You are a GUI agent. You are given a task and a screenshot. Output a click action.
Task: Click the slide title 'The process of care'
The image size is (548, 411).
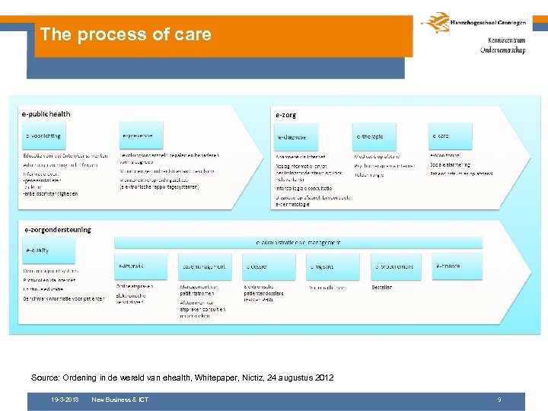pyautogui.click(x=126, y=34)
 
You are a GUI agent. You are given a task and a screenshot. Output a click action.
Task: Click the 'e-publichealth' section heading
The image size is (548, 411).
pyautogui.click(x=46, y=114)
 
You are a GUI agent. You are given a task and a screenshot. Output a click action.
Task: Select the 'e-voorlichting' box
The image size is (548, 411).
pyautogui.click(x=43, y=136)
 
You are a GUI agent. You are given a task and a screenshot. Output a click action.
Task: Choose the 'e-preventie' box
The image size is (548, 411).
pyautogui.click(x=142, y=136)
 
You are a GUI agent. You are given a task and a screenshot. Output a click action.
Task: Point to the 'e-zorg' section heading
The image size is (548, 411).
pyautogui.click(x=286, y=115)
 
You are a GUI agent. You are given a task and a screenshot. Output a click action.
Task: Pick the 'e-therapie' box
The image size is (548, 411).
pyautogui.click(x=374, y=137)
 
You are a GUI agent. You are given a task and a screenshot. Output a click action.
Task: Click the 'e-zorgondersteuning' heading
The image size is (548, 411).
pyautogui.click(x=58, y=229)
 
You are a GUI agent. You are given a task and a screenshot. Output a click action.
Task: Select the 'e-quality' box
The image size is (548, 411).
pyautogui.click(x=39, y=250)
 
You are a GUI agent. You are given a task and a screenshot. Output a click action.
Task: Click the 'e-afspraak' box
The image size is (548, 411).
pyautogui.click(x=140, y=266)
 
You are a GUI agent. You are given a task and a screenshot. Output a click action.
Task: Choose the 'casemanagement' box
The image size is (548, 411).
pyautogui.click(x=205, y=266)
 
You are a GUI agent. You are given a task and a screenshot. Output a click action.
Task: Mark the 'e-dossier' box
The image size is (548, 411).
pyautogui.click(x=269, y=266)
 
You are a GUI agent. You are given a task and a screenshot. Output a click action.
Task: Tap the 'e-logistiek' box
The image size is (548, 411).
pyautogui.click(x=333, y=266)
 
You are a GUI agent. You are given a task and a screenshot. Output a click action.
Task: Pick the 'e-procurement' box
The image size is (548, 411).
pyautogui.click(x=396, y=266)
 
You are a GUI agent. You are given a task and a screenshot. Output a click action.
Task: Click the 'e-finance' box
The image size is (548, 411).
pyautogui.click(x=457, y=266)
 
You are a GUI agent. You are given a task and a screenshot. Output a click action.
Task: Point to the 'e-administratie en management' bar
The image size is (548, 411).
pyautogui.click(x=298, y=242)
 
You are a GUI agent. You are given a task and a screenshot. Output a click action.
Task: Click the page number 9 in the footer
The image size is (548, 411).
pyautogui.click(x=499, y=400)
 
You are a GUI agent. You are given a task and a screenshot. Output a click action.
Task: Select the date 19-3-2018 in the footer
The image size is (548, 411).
pyautogui.click(x=65, y=400)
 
